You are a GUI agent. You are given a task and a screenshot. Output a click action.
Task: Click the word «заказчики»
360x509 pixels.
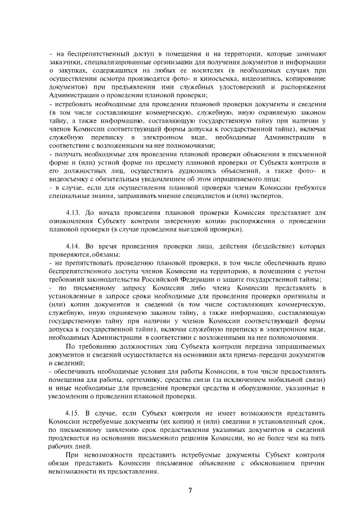tap(66, 62)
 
